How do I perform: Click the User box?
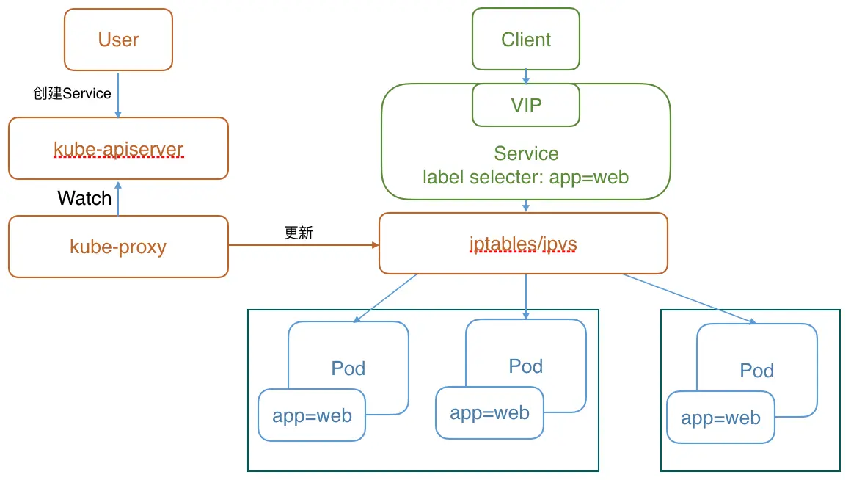point(118,40)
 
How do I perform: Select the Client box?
point(525,40)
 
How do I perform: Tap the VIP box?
point(525,105)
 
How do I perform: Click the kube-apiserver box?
point(118,148)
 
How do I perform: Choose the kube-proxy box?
point(118,247)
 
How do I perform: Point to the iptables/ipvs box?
point(523,244)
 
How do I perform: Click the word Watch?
point(84,198)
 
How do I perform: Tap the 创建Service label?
point(72,93)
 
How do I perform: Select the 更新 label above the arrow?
point(299,233)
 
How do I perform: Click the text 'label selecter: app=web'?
point(525,177)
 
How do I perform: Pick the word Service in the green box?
point(525,153)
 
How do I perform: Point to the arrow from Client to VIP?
point(525,76)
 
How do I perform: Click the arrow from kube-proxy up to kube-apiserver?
point(118,197)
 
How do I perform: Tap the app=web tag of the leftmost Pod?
point(312,415)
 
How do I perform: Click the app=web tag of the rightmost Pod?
point(720,418)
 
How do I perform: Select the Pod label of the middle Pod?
point(525,366)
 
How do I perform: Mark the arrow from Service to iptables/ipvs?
point(525,206)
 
